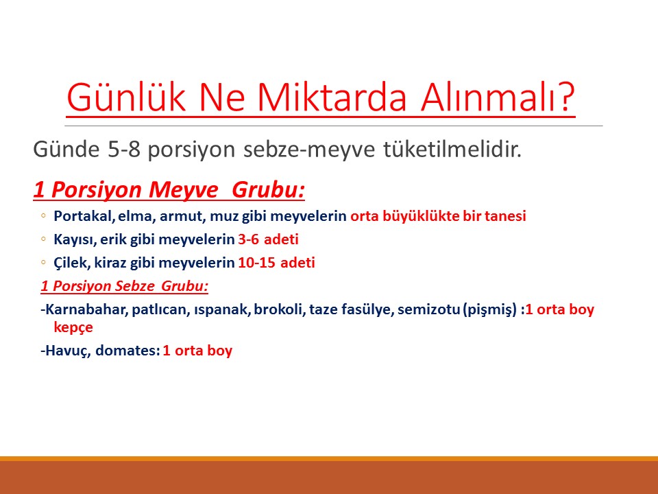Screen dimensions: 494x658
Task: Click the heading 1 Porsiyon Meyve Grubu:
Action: click(x=169, y=189)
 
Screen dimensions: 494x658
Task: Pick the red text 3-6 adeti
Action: click(x=268, y=240)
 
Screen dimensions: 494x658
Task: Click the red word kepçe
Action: click(x=73, y=327)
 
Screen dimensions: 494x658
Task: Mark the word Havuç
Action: click(x=65, y=351)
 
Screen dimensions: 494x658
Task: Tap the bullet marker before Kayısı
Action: click(x=43, y=240)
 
